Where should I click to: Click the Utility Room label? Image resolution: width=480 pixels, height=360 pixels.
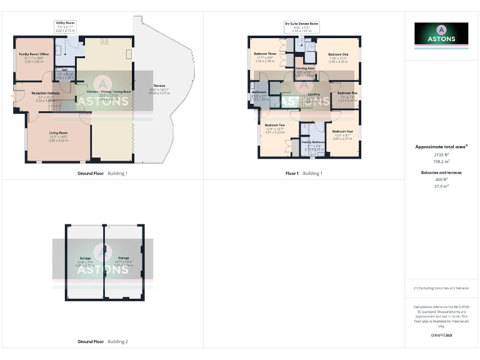(x=64, y=22)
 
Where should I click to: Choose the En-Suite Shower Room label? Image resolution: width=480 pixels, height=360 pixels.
(x=302, y=24)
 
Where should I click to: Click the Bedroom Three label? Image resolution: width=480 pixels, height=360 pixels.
(x=265, y=54)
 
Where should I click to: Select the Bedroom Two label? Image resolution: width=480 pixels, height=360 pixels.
(x=275, y=125)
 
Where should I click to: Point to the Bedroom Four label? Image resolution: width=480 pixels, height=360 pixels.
(x=343, y=131)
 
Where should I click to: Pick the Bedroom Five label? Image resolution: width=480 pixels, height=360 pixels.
(x=347, y=93)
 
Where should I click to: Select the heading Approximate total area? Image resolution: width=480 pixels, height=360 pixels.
(x=441, y=147)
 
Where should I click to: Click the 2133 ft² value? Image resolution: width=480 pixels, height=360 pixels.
(x=441, y=154)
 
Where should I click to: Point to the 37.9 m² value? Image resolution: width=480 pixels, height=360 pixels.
(x=441, y=186)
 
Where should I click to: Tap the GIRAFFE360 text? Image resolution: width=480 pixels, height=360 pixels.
(x=441, y=336)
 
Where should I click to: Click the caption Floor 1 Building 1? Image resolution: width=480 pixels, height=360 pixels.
(x=304, y=172)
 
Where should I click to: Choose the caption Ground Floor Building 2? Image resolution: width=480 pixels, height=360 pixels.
(x=102, y=342)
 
